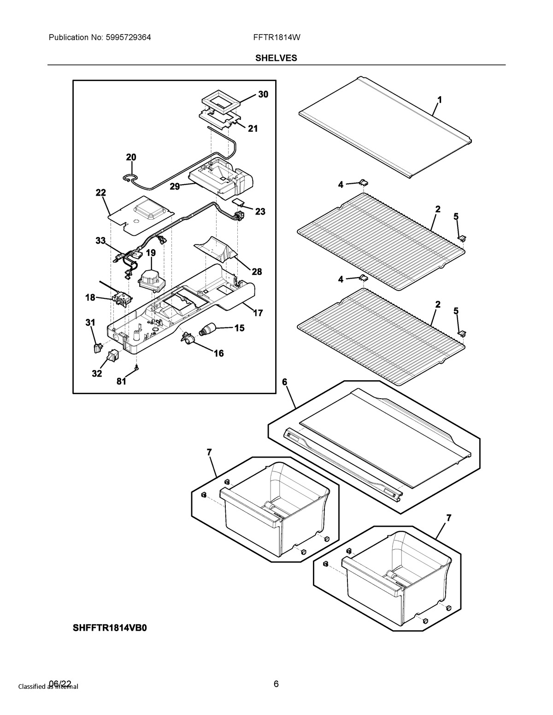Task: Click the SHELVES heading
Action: pos(276,58)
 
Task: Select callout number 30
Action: pos(263,94)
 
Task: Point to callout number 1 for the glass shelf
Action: pos(440,99)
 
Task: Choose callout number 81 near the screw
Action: pos(121,381)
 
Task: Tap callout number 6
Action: pos(284,382)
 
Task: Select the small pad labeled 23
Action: pos(238,203)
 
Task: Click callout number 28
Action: pos(256,272)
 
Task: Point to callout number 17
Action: pos(258,313)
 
